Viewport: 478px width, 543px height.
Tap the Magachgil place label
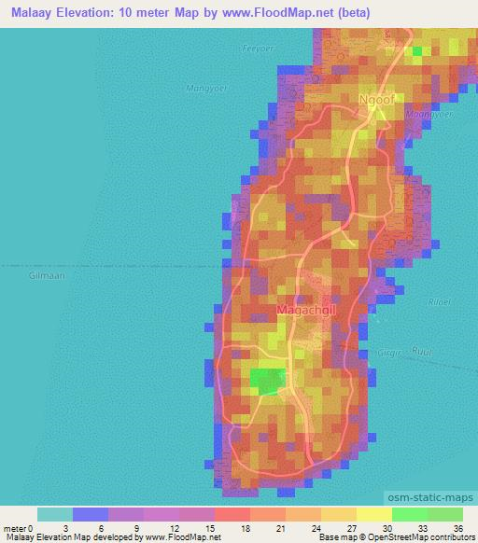304,309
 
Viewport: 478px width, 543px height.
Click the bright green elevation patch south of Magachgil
267,380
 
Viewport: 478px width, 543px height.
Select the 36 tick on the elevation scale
457,527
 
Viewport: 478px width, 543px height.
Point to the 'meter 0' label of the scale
20,527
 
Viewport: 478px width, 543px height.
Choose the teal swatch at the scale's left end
55,514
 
